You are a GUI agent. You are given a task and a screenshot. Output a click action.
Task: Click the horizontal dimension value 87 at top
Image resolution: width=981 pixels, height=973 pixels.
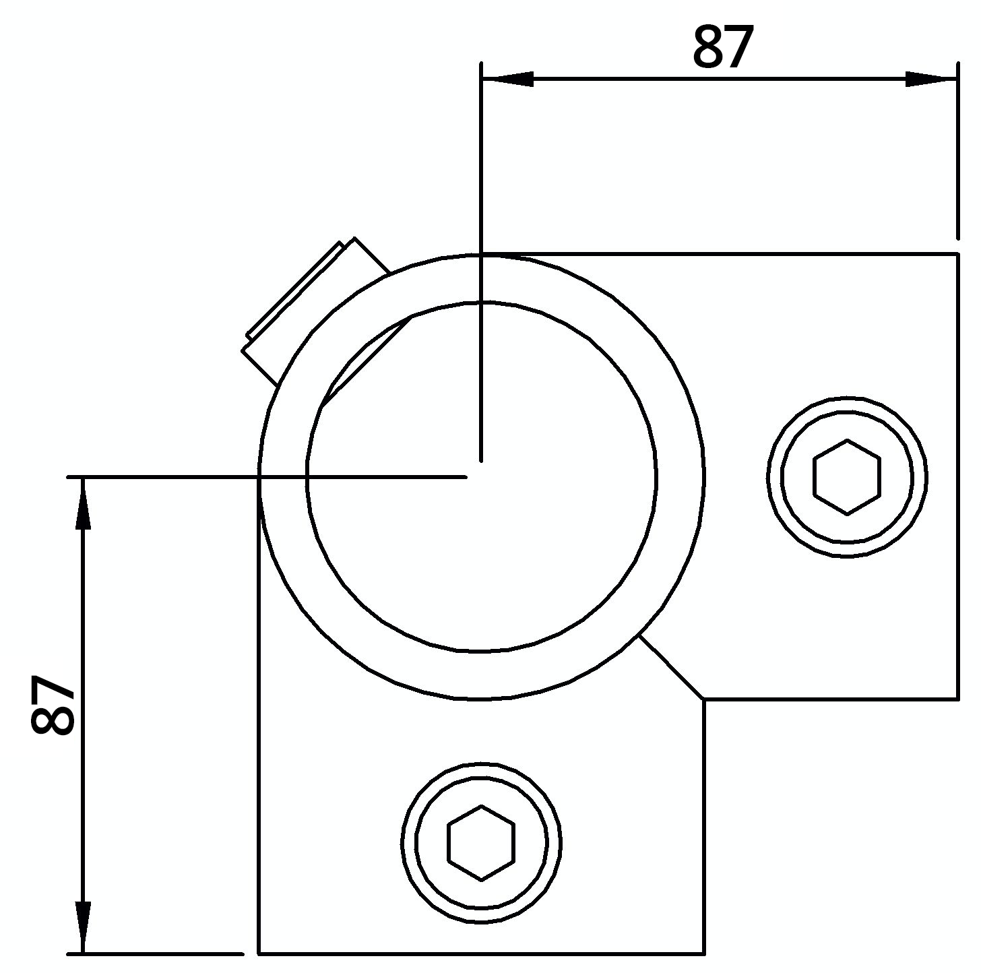point(722,47)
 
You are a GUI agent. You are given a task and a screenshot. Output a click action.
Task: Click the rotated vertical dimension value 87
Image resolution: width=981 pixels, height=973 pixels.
point(53,705)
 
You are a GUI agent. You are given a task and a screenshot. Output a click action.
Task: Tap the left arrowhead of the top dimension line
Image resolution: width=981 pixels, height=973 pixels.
point(509,80)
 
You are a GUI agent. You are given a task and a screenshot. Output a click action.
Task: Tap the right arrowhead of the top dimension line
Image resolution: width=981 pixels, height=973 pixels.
point(930,80)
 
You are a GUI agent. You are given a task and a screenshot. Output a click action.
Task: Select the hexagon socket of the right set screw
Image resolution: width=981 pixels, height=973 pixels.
point(847,477)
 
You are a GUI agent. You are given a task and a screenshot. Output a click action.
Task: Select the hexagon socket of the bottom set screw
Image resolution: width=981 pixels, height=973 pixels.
point(481,842)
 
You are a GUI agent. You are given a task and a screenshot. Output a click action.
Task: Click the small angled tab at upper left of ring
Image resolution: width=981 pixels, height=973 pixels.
point(315,312)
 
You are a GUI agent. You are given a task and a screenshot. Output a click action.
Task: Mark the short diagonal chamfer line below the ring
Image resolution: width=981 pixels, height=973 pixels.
point(671,666)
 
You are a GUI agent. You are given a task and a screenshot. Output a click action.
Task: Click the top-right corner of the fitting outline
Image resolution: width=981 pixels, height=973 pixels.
point(957,255)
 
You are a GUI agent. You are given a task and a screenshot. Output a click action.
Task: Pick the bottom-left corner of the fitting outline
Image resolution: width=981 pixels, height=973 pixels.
point(259,953)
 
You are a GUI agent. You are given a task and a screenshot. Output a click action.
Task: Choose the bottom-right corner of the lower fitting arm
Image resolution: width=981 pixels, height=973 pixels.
point(704,953)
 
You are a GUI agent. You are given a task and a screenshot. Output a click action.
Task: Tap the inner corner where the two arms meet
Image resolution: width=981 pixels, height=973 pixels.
point(704,699)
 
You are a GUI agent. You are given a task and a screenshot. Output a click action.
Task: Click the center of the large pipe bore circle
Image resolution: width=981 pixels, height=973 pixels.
point(481,477)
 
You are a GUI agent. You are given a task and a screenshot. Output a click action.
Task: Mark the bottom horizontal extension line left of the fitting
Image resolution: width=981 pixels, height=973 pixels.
point(155,953)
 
